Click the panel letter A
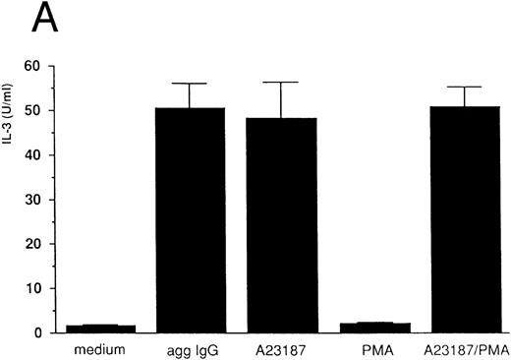22,21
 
